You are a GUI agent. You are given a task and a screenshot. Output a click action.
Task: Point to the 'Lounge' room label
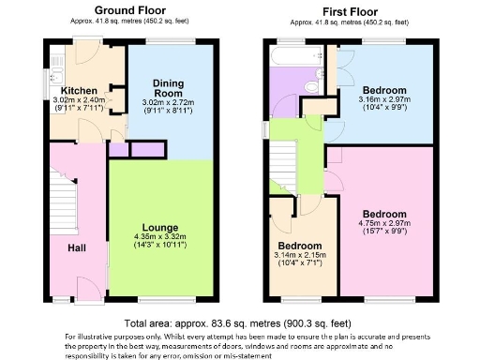click(x=160, y=226)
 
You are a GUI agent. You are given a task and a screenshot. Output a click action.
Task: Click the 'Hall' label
click(x=76, y=248)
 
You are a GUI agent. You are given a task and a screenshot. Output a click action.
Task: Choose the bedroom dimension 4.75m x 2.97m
click(x=385, y=224)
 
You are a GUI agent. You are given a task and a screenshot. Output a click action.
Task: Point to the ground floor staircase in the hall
click(x=61, y=202)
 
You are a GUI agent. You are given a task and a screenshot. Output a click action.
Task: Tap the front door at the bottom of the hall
click(x=90, y=302)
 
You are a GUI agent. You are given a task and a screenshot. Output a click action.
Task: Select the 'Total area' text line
click(x=239, y=323)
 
